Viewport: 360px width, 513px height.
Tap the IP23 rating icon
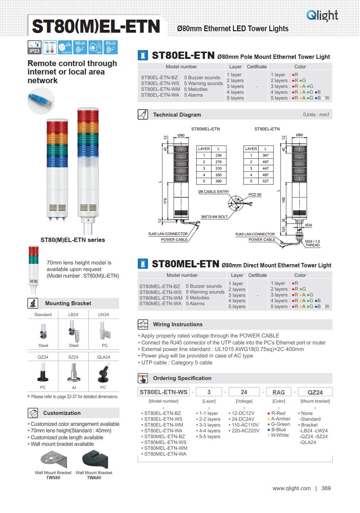click(35, 47)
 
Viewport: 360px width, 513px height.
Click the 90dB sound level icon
click(80, 47)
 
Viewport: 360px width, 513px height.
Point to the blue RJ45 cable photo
click(41, 101)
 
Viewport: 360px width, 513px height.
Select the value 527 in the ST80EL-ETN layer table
click(266, 181)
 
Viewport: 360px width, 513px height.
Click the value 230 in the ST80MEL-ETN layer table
click(218, 155)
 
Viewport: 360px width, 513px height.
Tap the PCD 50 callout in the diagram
click(255, 195)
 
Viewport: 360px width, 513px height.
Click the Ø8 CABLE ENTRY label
click(214, 191)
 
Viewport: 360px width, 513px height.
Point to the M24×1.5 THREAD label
click(312, 243)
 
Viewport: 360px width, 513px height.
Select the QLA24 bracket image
click(104, 373)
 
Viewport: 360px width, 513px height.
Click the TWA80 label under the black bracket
click(94, 478)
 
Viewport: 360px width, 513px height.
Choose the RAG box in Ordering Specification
click(279, 392)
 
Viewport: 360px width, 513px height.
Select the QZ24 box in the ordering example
click(315, 392)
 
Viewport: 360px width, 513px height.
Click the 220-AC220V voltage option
click(246, 431)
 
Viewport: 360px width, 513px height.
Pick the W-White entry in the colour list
click(279, 435)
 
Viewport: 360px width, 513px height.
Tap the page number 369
click(326, 488)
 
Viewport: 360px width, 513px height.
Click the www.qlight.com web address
click(292, 488)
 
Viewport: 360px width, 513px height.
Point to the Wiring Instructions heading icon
click(143, 324)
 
